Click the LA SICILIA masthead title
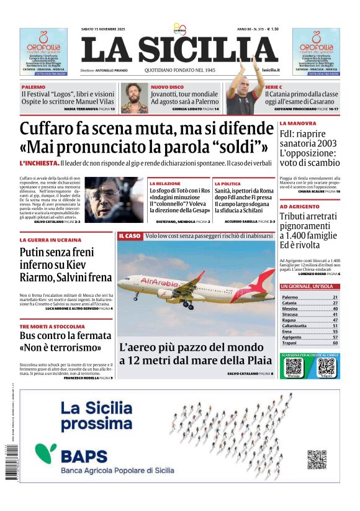pyautogui.click(x=179, y=50)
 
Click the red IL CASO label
pyautogui.click(x=129, y=237)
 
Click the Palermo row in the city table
pyautogui.click(x=309, y=297)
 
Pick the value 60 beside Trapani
pyautogui.click(x=335, y=343)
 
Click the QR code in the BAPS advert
pyautogui.click(x=317, y=459)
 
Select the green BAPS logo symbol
pyautogui.click(x=45, y=451)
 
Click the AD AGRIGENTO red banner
pyautogui.click(x=300, y=206)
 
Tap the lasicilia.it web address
pyautogui.click(x=270, y=71)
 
